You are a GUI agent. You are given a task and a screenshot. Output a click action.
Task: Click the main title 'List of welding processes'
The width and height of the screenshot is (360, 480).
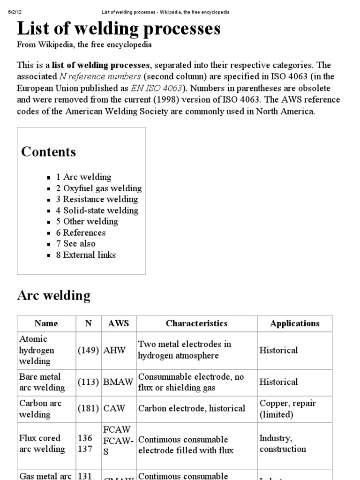click(x=119, y=29)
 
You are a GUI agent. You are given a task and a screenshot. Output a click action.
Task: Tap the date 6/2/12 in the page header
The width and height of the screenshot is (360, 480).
click(x=15, y=12)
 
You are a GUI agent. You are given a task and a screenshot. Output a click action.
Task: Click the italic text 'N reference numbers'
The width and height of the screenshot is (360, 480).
click(x=100, y=76)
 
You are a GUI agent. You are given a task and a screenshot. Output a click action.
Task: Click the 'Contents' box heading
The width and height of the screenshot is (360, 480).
click(x=48, y=152)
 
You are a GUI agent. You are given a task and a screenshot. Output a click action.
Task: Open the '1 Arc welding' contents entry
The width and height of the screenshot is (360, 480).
click(x=83, y=177)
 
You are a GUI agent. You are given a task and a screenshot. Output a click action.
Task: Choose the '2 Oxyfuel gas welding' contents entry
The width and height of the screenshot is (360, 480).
click(x=98, y=188)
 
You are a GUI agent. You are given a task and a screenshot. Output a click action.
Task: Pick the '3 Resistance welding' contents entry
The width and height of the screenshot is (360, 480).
click(x=97, y=199)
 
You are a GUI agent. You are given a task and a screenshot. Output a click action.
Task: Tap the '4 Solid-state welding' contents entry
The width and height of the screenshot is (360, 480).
click(x=97, y=210)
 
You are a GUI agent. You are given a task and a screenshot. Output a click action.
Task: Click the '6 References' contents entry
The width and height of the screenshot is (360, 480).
click(x=81, y=233)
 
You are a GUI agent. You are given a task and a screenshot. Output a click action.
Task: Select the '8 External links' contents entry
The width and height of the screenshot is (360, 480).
click(x=86, y=255)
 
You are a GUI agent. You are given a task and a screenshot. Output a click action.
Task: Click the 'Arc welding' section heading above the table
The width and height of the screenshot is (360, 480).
click(x=53, y=295)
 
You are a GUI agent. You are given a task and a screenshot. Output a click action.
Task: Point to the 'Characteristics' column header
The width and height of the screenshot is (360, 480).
click(x=196, y=323)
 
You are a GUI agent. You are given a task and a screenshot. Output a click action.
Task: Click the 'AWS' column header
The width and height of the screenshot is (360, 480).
click(x=119, y=323)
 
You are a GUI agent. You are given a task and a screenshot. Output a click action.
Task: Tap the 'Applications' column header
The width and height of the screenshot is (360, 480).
click(x=294, y=323)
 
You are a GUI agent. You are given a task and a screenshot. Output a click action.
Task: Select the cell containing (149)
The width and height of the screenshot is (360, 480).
click(x=88, y=350)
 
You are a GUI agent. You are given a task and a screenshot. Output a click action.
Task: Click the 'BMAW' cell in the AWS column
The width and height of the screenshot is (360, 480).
click(x=115, y=382)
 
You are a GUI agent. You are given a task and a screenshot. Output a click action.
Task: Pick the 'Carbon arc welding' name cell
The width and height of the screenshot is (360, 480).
click(x=40, y=409)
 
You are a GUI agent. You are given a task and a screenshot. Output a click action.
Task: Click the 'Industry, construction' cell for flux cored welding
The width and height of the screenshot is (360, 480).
click(x=283, y=443)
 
